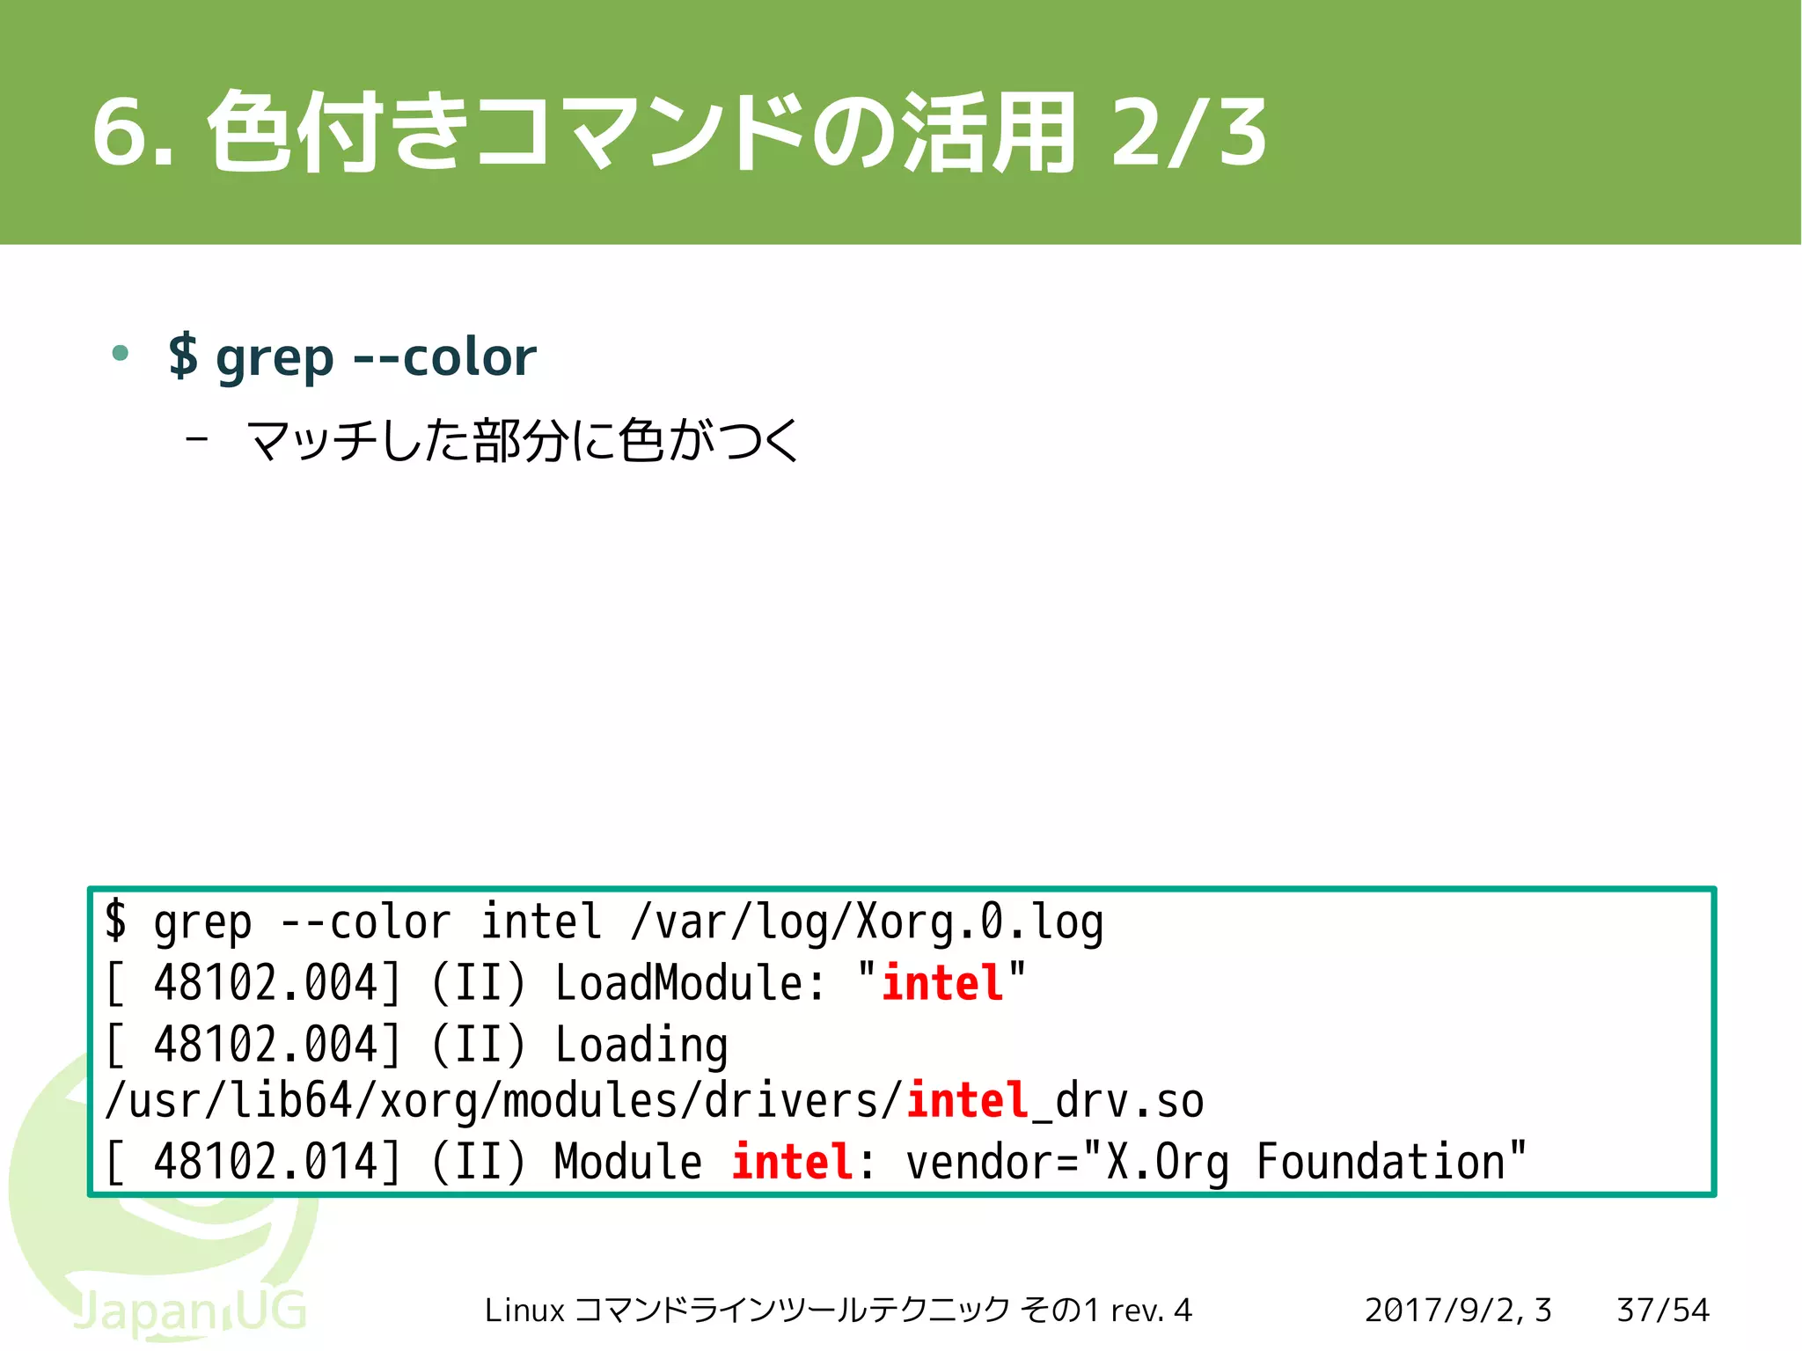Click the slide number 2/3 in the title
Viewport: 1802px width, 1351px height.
1188,132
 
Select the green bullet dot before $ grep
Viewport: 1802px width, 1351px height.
121,354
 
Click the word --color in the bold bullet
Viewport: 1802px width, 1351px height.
444,356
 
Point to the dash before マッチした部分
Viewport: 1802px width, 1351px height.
197,437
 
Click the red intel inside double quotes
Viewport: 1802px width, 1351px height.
942,982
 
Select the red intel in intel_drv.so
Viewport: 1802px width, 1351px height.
967,1100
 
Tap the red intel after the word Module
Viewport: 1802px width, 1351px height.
792,1161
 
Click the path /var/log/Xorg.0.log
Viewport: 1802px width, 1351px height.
867,922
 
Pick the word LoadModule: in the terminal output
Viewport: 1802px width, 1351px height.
691,982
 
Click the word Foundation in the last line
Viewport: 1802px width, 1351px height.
1381,1161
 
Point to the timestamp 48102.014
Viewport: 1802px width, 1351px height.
265,1161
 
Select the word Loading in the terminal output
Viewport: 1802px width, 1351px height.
641,1045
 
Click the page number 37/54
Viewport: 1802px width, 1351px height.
1662,1310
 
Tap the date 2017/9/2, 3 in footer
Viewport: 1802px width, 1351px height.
1457,1310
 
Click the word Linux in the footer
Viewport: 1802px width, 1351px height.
524,1311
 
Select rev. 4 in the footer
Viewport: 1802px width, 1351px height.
1151,1311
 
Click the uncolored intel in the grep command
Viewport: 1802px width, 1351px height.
540,922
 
